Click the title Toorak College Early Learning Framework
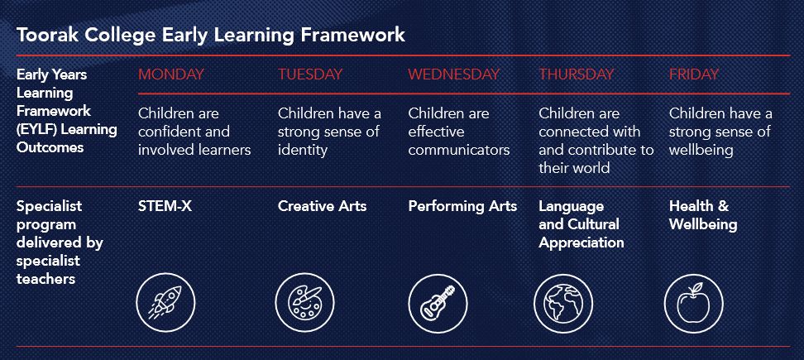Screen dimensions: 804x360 211,35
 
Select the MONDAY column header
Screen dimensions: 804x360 170,74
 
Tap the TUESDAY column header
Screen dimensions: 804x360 310,74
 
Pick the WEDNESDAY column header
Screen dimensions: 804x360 454,74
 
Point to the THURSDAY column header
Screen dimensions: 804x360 576,74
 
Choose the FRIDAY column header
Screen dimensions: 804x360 694,74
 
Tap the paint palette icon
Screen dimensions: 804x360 304,303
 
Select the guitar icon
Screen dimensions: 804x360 438,303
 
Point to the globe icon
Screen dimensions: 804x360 563,303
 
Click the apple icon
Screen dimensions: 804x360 694,303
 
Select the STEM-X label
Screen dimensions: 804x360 165,206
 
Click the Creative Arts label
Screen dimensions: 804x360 322,206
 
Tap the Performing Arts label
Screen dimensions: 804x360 462,207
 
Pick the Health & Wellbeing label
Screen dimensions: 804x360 703,215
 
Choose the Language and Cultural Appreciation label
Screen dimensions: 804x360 581,224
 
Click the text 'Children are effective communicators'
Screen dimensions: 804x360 459,132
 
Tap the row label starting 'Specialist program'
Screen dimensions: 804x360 60,242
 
